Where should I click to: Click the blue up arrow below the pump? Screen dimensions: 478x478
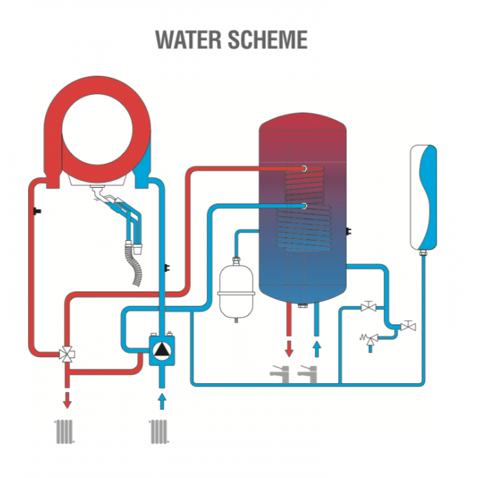[x=162, y=399]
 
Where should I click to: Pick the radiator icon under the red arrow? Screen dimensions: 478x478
[x=66, y=431]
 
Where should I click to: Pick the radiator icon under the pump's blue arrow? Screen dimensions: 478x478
[x=158, y=431]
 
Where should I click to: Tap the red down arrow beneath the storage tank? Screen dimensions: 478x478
[x=289, y=347]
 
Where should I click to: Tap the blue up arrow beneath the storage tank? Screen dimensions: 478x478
[x=316, y=347]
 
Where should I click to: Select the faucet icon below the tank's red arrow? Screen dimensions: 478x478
[x=280, y=373]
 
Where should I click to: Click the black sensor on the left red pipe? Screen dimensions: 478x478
[x=33, y=211]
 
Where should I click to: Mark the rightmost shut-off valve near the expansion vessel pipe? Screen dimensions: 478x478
[x=409, y=326]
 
